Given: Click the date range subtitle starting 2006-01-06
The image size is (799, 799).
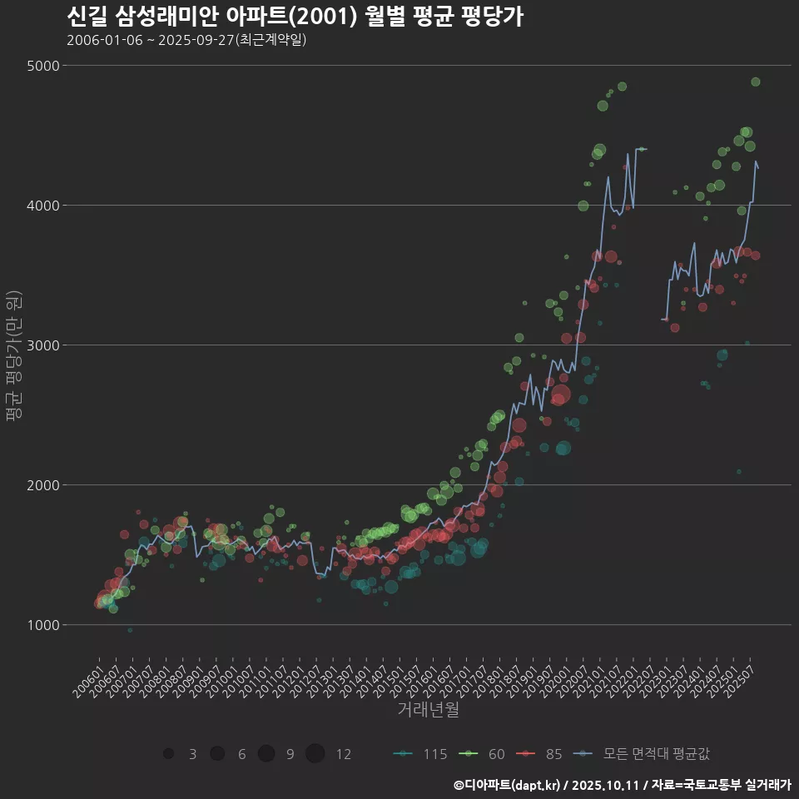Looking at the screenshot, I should click(186, 40).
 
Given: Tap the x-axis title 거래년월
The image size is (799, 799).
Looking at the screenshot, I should click(428, 709).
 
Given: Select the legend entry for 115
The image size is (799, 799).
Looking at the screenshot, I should click(423, 754).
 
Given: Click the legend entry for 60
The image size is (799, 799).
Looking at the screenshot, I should click(485, 754).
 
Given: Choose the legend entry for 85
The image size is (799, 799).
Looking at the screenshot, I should click(543, 754).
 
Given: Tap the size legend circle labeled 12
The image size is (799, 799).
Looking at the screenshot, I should click(315, 754).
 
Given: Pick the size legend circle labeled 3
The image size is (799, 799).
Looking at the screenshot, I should click(169, 754).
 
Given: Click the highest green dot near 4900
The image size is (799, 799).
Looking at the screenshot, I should click(756, 82).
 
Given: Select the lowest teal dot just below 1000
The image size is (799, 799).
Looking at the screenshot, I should click(130, 630).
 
